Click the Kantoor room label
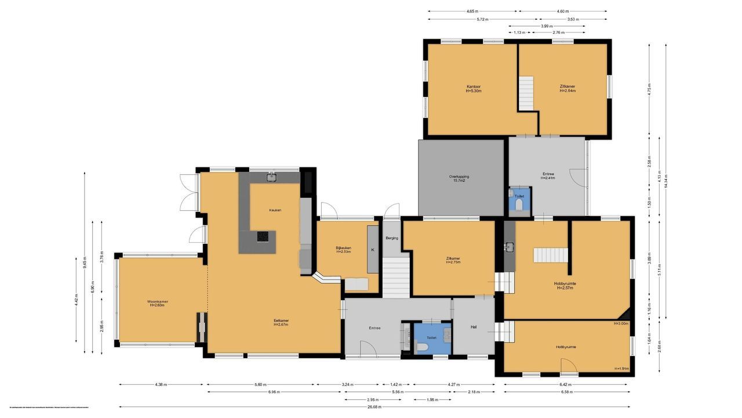(473, 87)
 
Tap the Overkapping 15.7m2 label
(459, 178)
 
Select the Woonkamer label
(157, 302)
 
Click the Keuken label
(275, 210)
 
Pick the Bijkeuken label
(343, 248)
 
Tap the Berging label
(391, 238)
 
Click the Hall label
(474, 327)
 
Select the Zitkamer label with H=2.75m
(453, 260)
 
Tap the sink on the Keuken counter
(271, 176)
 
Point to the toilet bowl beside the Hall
(423, 347)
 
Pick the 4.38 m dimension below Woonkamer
(161, 384)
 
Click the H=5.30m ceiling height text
(473, 91)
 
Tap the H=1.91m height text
(621, 369)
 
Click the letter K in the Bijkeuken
(373, 250)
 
